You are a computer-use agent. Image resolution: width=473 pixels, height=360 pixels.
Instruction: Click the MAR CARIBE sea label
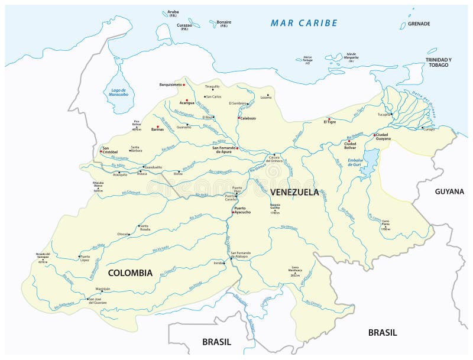(x=304, y=23)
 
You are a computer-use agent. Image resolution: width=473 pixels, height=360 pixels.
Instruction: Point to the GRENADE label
(x=419, y=24)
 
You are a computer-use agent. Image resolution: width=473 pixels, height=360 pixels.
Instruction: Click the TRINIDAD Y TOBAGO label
(x=438, y=62)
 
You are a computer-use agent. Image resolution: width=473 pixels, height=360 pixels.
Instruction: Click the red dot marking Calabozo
(x=238, y=118)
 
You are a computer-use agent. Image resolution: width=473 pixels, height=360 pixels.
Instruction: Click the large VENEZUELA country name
(x=294, y=192)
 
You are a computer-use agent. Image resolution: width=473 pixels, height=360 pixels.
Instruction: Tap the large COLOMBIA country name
(x=129, y=273)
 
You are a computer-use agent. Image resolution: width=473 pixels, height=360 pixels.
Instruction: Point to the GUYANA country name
(x=449, y=192)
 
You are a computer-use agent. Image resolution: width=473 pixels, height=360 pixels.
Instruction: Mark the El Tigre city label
(x=329, y=122)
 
